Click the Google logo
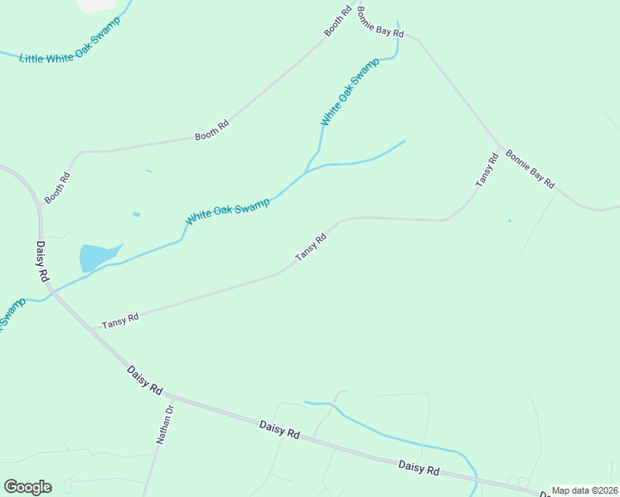point(27,487)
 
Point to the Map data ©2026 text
point(584,490)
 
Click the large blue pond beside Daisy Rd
point(95,256)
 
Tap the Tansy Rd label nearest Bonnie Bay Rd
point(486,171)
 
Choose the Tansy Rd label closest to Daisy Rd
point(120,319)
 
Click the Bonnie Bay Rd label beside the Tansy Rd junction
point(530,169)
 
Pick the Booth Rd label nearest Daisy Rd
point(58,187)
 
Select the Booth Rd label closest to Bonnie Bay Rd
point(333,22)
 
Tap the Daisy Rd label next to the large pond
point(42,261)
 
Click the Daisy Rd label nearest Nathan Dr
point(145,380)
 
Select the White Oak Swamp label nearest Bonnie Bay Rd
point(350,91)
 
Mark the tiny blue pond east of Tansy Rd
point(509,220)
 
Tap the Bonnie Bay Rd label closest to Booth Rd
point(380,23)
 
